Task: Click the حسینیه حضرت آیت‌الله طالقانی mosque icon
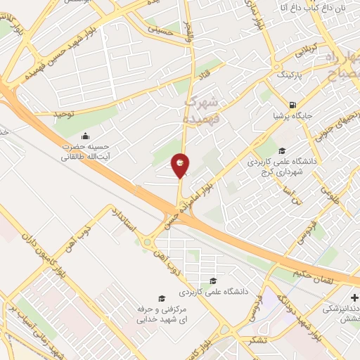86,136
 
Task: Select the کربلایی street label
307,52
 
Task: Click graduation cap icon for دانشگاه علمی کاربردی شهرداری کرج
282,150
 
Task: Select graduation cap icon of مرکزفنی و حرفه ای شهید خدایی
162,299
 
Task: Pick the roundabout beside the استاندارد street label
148,243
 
